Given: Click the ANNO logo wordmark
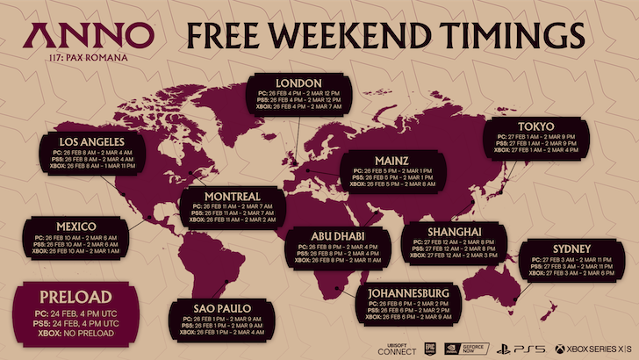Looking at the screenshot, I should [85, 36].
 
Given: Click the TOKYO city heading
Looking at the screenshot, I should [535, 125].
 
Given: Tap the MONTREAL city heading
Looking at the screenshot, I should [231, 194].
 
